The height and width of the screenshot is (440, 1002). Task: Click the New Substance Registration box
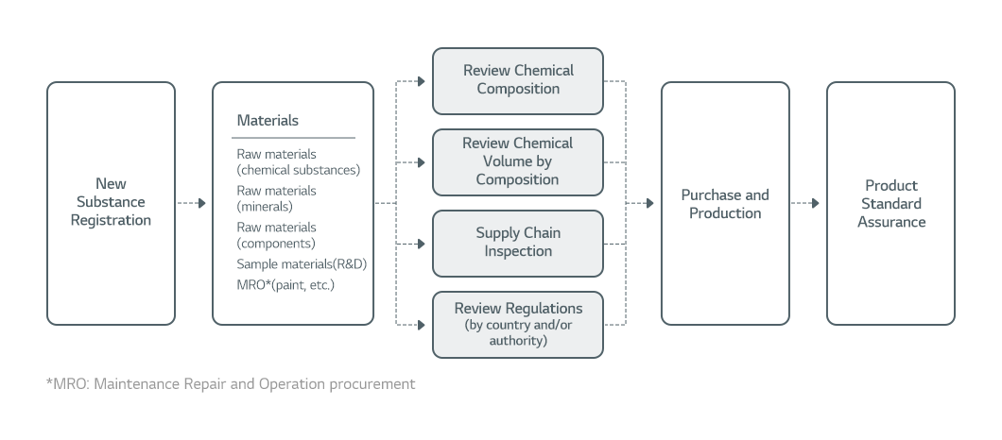pos(111,202)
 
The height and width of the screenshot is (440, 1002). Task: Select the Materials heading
pos(268,121)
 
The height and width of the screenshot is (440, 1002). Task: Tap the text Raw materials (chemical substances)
pos(298,161)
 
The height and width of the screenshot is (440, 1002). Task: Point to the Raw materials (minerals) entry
pos(276,198)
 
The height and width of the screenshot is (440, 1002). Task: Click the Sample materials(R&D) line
pos(301,264)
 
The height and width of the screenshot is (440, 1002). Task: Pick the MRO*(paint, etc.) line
pos(285,284)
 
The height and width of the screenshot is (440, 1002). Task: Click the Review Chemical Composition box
pos(517,80)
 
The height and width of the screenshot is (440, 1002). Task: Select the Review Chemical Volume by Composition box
pos(517,161)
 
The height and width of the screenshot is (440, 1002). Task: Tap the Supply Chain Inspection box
pos(517,243)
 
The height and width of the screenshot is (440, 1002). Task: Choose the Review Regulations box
pos(517,324)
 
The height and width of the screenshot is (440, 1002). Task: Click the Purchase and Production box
pos(725,204)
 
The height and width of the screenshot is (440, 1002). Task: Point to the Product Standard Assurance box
pos(890,204)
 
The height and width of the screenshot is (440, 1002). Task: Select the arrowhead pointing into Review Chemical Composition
pos(422,81)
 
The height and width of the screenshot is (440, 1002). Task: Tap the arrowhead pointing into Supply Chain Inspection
pos(422,244)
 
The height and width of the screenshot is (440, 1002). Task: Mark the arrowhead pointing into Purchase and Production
pos(649,203)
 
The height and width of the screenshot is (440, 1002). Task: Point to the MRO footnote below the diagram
pos(230,384)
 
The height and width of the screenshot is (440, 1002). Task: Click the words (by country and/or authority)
pos(517,333)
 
